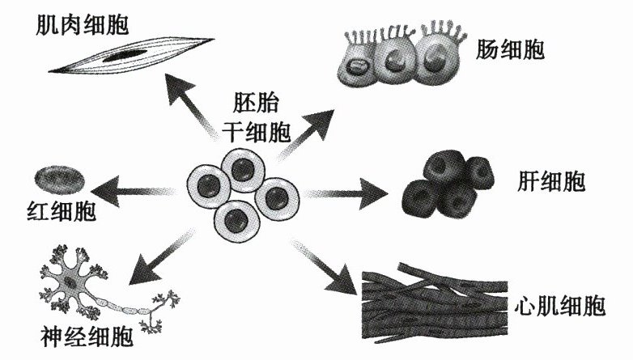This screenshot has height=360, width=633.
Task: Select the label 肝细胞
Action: tap(549, 180)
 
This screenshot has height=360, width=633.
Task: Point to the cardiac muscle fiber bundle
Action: tap(437, 304)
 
